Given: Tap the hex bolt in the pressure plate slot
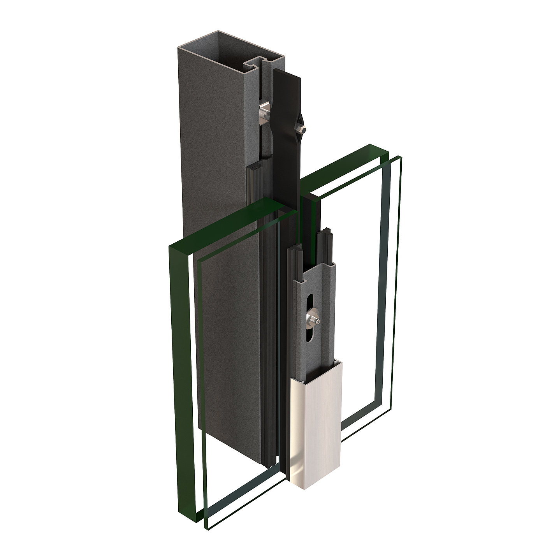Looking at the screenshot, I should (312, 315).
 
